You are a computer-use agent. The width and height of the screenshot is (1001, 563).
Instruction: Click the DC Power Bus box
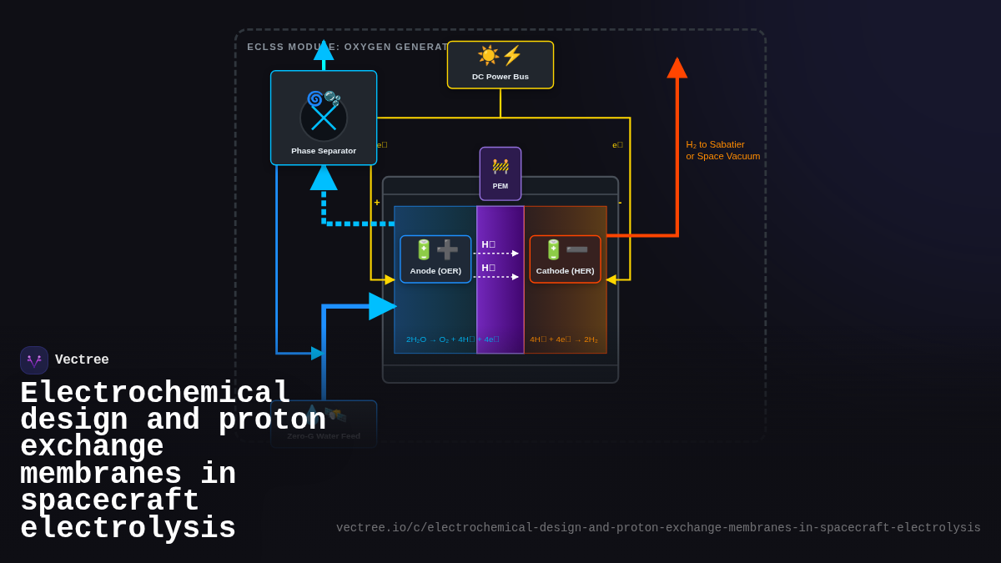(x=500, y=65)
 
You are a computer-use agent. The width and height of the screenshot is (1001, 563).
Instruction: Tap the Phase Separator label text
(x=324, y=151)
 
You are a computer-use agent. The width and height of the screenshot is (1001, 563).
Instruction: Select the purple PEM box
(x=500, y=173)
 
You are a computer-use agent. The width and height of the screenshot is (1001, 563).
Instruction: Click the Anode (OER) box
(x=435, y=259)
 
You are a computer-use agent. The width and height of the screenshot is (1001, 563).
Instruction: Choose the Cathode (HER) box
(x=565, y=259)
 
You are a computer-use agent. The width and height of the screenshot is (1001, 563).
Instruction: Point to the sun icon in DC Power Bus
(x=488, y=55)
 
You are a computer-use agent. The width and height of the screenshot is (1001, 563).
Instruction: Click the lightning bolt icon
(x=511, y=55)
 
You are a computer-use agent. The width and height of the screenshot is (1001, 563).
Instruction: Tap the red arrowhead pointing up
(x=677, y=68)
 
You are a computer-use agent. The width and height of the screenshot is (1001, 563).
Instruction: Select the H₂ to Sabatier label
(x=722, y=150)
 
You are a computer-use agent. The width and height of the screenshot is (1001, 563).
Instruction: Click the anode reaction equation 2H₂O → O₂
(x=452, y=339)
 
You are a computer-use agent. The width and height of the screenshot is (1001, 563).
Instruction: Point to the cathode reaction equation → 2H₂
(x=564, y=339)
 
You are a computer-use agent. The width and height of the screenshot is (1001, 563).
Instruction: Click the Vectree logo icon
(x=34, y=360)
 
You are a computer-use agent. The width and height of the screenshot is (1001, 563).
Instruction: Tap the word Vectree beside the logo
(x=82, y=360)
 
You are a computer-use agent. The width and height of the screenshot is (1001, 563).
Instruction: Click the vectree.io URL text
(x=658, y=528)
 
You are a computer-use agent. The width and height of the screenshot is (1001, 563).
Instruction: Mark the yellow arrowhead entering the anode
(x=390, y=279)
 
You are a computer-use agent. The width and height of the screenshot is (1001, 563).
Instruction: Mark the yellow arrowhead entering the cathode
(x=611, y=279)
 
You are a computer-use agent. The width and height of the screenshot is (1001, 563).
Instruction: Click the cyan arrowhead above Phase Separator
(x=324, y=50)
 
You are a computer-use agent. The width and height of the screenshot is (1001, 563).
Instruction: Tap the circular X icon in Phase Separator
(x=324, y=118)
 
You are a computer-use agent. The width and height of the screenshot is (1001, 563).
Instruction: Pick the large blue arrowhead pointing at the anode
(x=382, y=306)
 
